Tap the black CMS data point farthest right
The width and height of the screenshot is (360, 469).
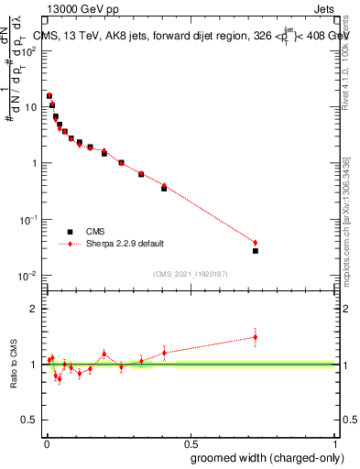point(256,250)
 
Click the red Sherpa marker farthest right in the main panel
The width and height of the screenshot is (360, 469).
point(256,243)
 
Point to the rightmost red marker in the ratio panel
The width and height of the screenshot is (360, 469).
point(256,337)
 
